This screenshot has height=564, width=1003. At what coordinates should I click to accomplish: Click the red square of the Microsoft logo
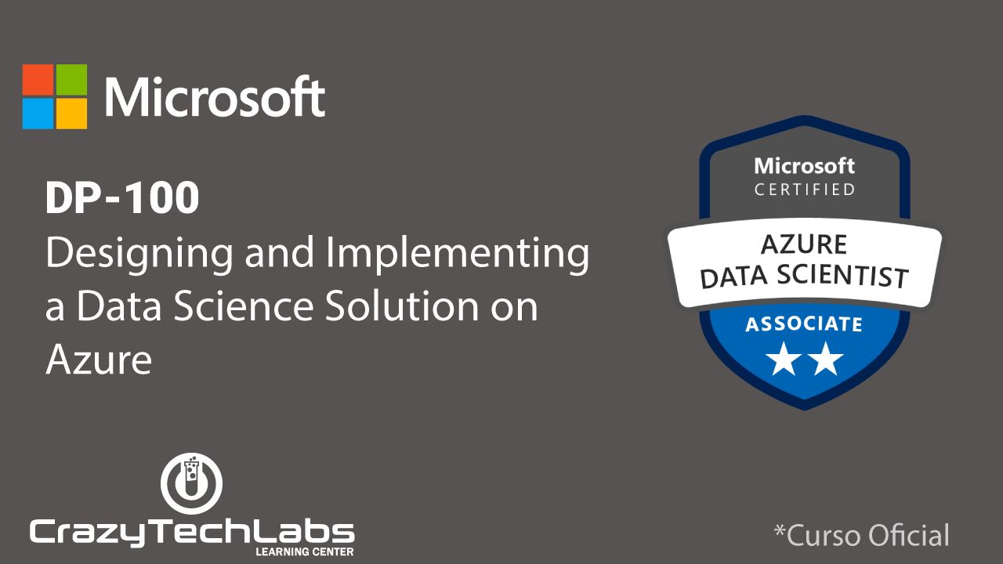point(38,80)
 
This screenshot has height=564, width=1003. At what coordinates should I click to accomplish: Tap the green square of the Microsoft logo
point(71,80)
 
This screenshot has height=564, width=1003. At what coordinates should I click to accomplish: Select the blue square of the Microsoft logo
point(38,114)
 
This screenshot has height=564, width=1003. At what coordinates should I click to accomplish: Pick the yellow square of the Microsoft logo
point(71,114)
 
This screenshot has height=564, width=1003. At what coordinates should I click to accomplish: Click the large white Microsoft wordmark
point(215,96)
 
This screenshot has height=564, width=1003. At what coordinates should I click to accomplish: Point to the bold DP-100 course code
point(122,197)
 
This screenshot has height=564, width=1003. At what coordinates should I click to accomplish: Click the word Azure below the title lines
point(99,360)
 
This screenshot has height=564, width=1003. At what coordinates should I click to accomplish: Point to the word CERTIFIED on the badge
point(805,190)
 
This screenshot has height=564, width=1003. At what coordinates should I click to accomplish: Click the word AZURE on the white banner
point(804,244)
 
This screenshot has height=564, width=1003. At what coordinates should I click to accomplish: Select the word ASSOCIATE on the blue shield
point(804,324)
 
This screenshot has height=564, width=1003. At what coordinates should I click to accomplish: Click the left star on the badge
point(784,359)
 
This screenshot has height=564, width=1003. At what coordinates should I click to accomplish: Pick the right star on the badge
point(825,359)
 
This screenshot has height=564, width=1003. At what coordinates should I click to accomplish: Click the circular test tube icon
point(192,483)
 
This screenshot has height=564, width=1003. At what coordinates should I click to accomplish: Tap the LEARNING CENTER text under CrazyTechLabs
point(305,551)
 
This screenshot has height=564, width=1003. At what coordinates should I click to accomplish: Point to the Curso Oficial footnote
point(861,534)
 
